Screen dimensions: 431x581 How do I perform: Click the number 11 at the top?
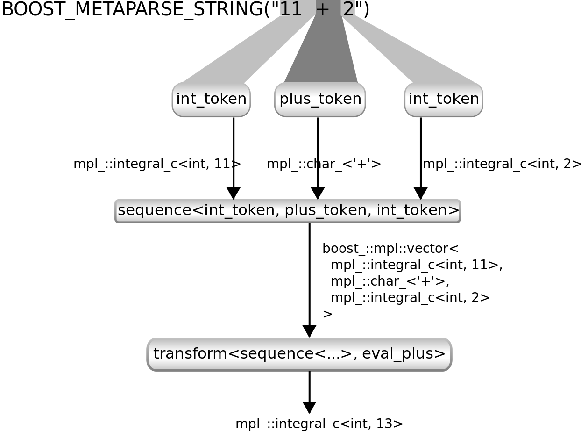290,9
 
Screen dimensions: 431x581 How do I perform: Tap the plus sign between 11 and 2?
322,9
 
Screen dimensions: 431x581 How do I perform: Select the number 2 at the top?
348,9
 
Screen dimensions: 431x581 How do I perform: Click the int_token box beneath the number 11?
211,99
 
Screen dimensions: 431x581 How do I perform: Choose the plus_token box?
320,99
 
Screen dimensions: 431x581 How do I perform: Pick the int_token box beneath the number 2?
444,99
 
